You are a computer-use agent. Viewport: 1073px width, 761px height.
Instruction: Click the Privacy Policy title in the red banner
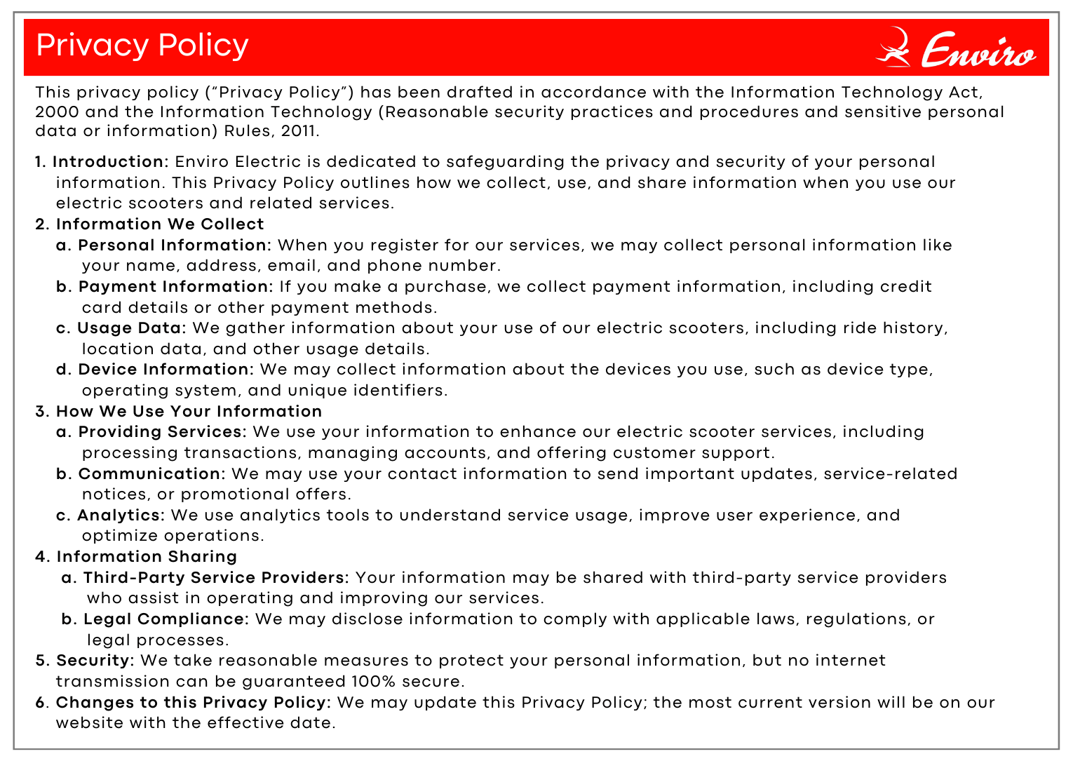(142, 46)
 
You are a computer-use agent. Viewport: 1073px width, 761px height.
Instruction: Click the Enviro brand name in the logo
(978, 51)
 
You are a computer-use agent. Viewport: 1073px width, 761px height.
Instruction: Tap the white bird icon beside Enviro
(893, 48)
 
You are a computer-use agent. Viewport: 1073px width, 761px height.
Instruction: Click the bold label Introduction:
(111, 162)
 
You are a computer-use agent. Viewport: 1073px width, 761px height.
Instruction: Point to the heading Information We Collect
(160, 224)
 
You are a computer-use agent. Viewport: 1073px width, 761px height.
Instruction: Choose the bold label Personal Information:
(175, 245)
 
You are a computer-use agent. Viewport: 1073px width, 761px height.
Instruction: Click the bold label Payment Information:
(175, 287)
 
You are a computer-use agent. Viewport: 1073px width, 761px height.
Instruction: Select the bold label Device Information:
(166, 370)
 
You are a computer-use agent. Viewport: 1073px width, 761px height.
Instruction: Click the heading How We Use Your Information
(189, 412)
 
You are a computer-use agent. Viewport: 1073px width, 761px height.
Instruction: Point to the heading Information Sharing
(147, 557)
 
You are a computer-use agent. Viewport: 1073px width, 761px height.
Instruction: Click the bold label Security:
(95, 661)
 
